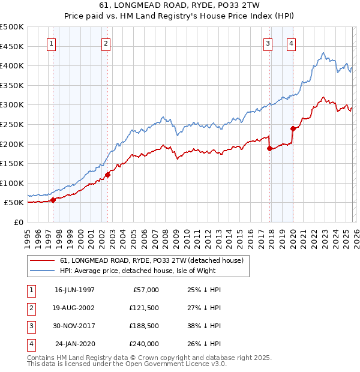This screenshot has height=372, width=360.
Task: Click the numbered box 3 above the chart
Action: (x=268, y=43)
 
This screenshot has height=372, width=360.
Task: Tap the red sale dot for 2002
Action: (x=107, y=175)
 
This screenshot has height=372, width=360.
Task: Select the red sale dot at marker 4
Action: (x=293, y=128)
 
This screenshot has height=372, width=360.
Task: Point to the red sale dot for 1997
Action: (x=53, y=200)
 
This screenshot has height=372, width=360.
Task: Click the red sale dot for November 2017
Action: (x=270, y=148)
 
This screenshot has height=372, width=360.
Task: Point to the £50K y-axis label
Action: (x=14, y=203)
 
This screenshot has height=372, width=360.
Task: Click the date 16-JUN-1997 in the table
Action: (x=74, y=290)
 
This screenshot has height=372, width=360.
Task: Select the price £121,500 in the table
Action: (x=143, y=308)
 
